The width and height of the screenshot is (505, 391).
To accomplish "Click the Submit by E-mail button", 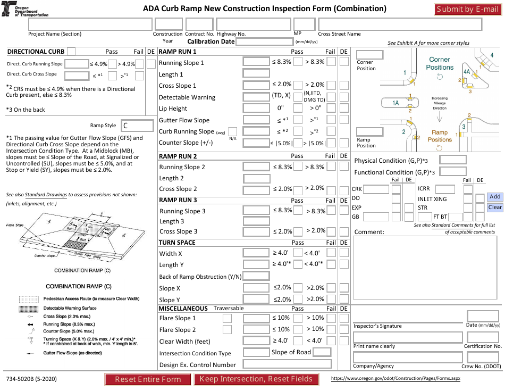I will tap(467, 9).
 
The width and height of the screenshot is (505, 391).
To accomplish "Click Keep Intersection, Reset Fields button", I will tap(256, 379).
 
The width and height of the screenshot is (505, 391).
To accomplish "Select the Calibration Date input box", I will tap(264, 41).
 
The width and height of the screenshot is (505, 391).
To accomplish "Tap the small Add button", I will tap(495, 197).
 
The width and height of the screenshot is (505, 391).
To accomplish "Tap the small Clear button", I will tap(495, 207).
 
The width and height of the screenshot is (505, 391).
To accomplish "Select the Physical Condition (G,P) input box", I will tap(453, 160).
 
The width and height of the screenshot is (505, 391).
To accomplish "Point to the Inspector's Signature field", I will tap(406, 316).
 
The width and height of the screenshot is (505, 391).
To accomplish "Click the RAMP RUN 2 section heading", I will tap(178, 156).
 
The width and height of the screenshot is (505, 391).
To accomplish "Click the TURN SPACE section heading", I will tap(178, 242).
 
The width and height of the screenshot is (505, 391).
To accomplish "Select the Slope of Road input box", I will tap(322, 352).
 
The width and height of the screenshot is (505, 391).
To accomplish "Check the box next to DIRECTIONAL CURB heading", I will tap(71, 51).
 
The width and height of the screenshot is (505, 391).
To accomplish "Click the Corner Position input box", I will tap(369, 55).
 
